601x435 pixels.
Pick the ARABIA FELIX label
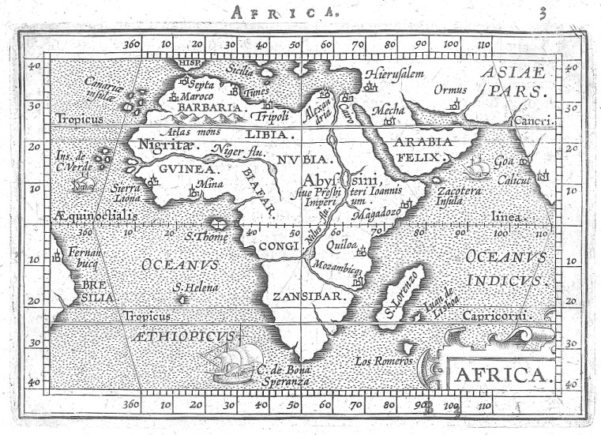coord(423,149)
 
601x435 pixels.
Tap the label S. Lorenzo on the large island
coord(400,293)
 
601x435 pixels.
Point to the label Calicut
coord(513,180)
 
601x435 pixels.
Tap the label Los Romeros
coord(385,361)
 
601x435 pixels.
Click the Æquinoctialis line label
coord(96,215)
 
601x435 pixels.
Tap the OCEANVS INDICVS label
coord(505,268)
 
